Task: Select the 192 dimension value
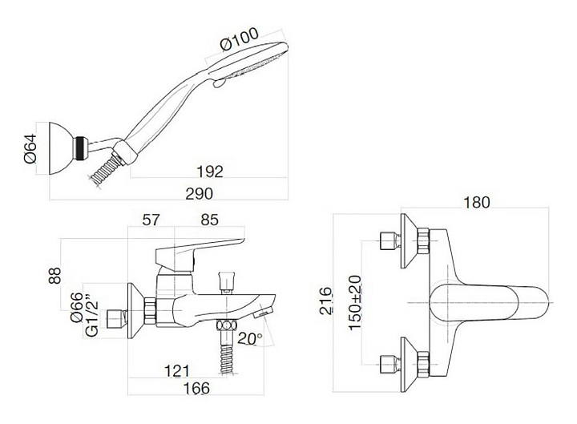point(209,170)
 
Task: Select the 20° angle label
point(249,339)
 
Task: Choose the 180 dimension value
point(475,204)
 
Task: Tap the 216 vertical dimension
point(324,303)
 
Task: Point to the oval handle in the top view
point(490,302)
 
